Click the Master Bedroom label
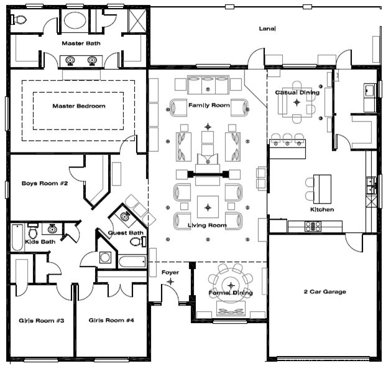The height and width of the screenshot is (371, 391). [x=78, y=106]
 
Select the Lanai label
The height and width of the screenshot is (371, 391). [x=267, y=29]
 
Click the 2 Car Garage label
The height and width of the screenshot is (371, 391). [x=324, y=291]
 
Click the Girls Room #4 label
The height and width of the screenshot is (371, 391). [x=111, y=321]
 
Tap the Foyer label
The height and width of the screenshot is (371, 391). [x=170, y=272]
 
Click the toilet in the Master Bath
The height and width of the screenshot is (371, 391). [x=19, y=20]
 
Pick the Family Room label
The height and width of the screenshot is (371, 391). [x=209, y=105]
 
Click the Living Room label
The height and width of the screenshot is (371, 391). [x=208, y=225]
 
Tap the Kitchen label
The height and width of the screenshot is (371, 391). [x=322, y=210]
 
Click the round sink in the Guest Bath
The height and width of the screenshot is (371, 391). [x=126, y=218]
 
